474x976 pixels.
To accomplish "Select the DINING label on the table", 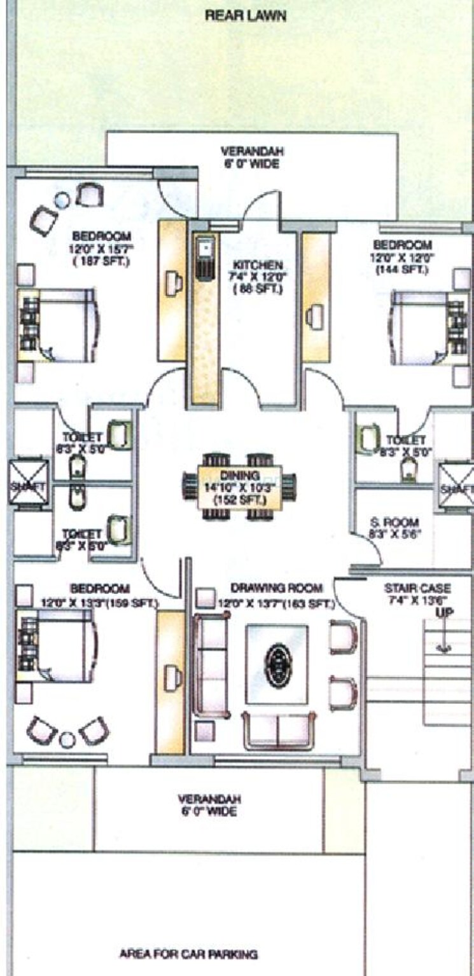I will (x=239, y=475).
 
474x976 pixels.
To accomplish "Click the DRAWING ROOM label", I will (x=276, y=588).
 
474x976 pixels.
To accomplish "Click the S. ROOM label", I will (x=394, y=523).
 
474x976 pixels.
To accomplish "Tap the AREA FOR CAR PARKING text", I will (x=188, y=954).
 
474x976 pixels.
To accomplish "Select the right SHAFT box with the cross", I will (x=456, y=488).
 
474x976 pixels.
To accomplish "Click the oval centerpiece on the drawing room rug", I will (x=277, y=665).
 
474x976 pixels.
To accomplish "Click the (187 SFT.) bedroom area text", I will (x=101, y=261).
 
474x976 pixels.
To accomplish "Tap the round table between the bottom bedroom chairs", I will (x=67, y=739).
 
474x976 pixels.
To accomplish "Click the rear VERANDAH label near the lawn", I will (x=252, y=158).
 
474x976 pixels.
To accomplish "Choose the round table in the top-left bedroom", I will (x=62, y=200).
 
